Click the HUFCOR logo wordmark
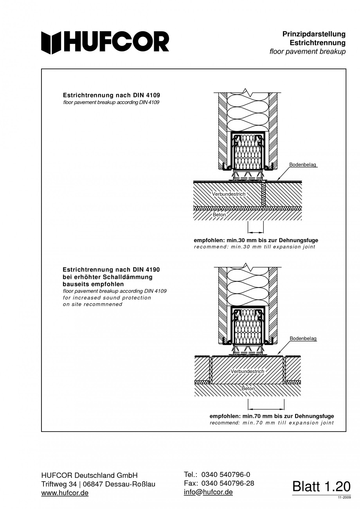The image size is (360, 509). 105,42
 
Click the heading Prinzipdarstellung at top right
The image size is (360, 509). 314,34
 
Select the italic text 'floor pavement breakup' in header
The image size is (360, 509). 308,52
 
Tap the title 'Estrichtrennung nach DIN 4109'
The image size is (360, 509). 112,95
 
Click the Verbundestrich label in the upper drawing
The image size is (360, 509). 229,194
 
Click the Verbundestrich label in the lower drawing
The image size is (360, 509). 247,371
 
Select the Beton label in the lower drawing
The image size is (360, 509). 248,388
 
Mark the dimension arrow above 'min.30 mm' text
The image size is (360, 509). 256,232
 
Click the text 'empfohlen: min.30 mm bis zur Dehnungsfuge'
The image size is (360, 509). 256,240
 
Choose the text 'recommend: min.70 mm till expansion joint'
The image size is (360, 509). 272,423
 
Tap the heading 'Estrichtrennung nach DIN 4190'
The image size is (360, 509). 112,270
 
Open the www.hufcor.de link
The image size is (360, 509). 65,493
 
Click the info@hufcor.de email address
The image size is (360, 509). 208,492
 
